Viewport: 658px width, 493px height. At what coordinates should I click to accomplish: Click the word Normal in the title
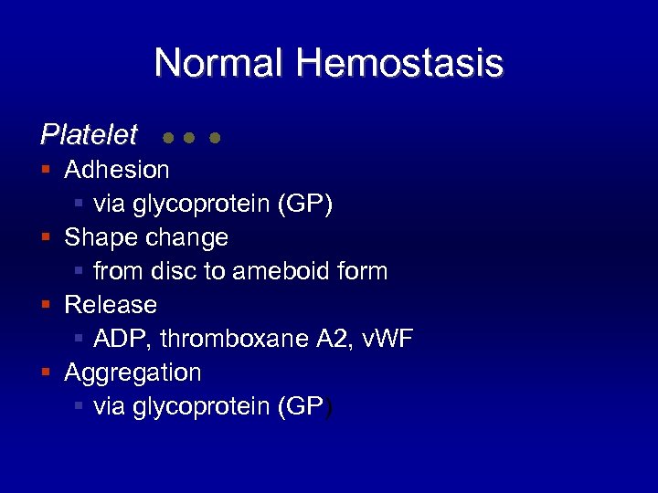pyautogui.click(x=219, y=63)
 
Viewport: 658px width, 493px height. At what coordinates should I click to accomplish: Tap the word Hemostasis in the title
pyautogui.click(x=399, y=63)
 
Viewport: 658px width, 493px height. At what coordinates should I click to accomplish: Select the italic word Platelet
pyautogui.click(x=89, y=135)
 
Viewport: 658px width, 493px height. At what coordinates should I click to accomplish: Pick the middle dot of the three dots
pyautogui.click(x=188, y=139)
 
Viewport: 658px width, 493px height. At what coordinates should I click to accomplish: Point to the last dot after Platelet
pyautogui.click(x=215, y=139)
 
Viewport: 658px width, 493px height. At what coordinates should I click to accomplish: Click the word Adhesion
pyautogui.click(x=117, y=170)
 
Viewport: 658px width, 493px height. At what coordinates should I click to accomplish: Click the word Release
pyautogui.click(x=111, y=305)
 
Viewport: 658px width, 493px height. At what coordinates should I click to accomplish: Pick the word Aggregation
pyautogui.click(x=133, y=372)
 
